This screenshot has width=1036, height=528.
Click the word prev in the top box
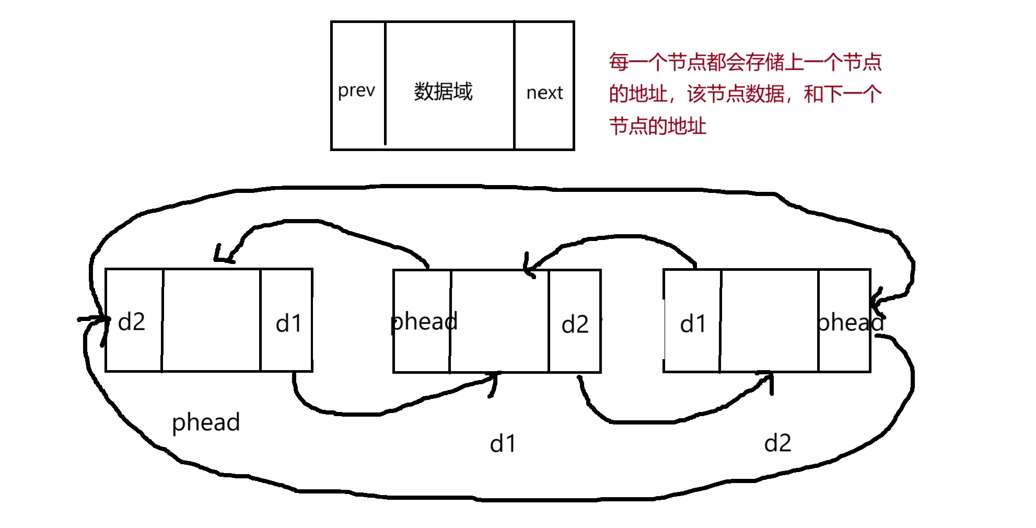coord(356,91)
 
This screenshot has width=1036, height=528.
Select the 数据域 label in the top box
coord(443,91)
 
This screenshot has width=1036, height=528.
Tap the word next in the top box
coord(544,93)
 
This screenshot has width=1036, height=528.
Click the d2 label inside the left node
coord(131,322)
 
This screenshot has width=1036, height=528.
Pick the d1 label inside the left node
coord(288,324)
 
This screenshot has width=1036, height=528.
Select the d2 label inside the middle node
coord(575,325)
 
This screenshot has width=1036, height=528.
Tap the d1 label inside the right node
coord(693,324)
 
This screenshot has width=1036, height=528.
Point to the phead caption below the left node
coord(206,422)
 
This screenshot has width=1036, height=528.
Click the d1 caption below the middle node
coord(503,444)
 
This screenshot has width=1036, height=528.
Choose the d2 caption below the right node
coord(777,443)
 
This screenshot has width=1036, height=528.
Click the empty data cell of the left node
coord(211,320)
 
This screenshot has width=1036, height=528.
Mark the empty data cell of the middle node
coord(499,321)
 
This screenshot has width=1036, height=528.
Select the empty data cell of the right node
coord(769,320)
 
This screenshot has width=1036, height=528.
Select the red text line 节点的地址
coord(658,127)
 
